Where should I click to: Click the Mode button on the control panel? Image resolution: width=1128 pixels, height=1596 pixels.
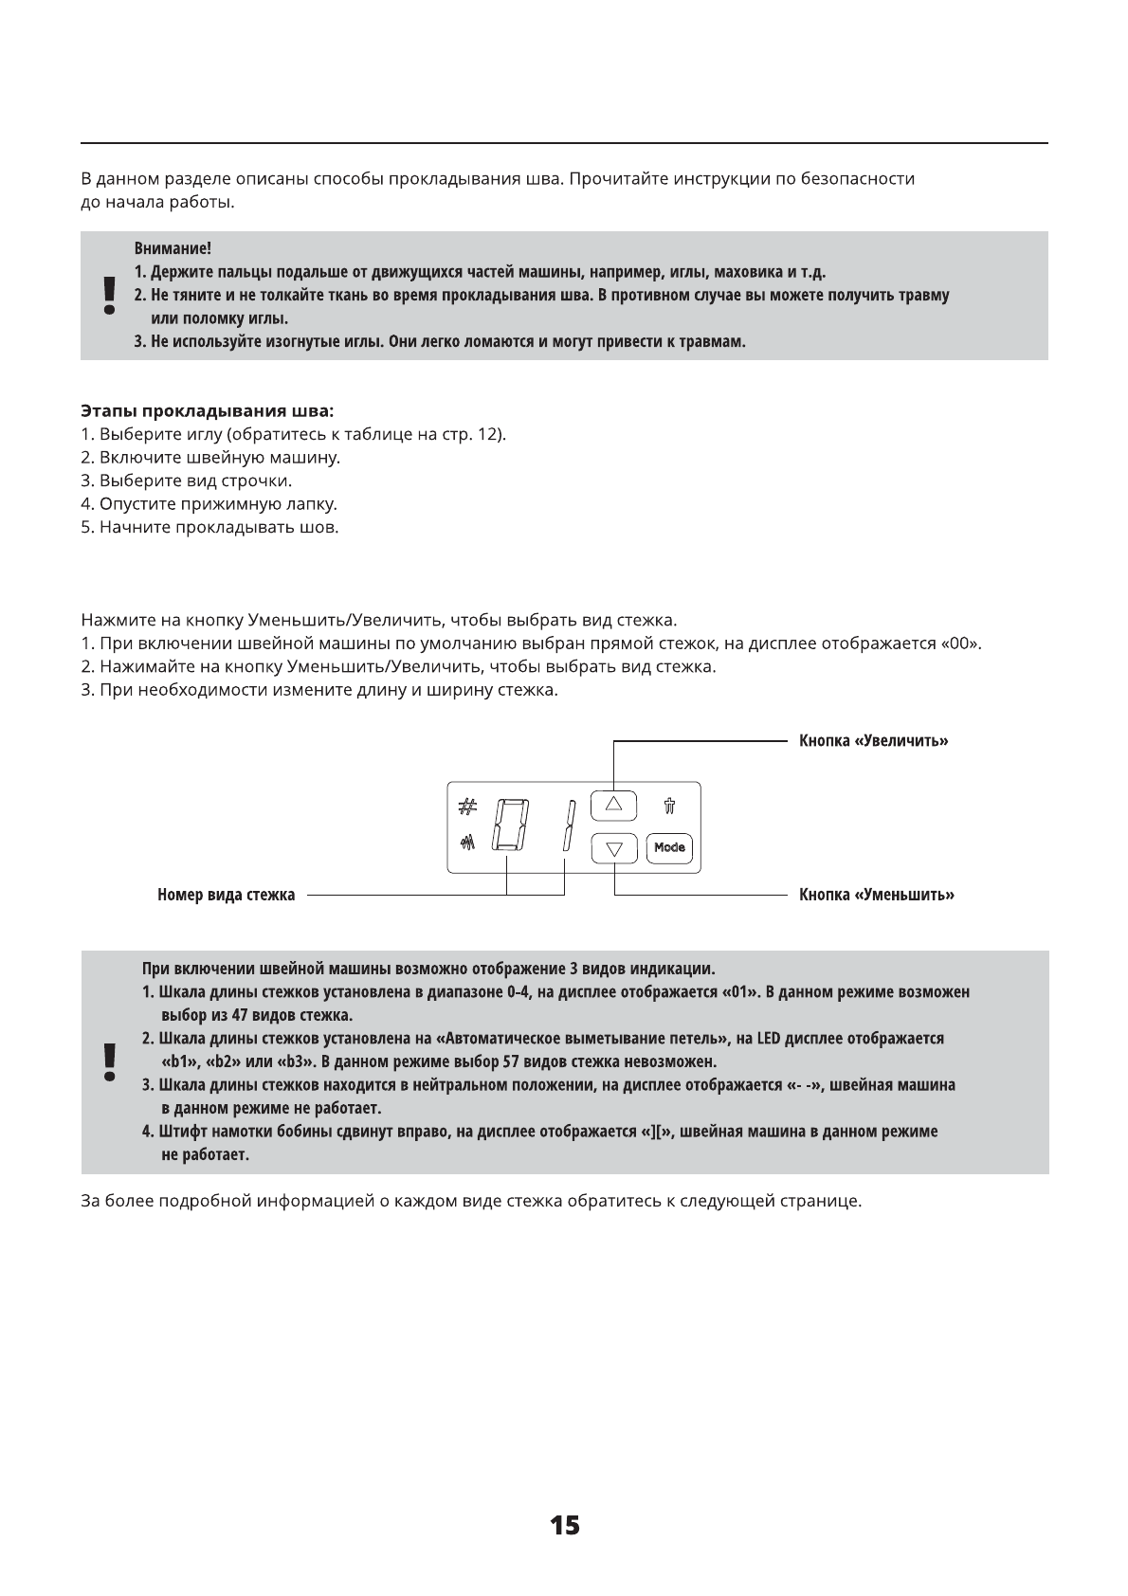(669, 847)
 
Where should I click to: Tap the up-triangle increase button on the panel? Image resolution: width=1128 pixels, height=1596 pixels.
(613, 805)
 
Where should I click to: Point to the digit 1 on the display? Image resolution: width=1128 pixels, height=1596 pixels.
(569, 825)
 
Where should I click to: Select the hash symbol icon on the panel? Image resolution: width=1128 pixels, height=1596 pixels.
(466, 807)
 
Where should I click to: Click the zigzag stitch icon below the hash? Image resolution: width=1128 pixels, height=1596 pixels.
(466, 842)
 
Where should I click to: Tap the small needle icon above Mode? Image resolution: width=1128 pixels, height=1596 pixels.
(669, 807)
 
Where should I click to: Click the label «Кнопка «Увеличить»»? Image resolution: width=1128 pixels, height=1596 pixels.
(873, 740)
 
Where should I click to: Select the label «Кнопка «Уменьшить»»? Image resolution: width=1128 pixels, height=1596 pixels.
(876, 895)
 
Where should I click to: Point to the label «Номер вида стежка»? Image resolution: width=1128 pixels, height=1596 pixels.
(226, 895)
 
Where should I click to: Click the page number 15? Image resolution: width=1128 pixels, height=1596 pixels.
(564, 1525)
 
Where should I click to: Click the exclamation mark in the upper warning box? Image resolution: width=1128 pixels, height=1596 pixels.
(110, 296)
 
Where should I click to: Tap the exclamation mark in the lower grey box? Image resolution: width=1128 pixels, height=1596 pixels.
(110, 1062)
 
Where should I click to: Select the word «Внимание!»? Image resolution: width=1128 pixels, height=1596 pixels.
(173, 249)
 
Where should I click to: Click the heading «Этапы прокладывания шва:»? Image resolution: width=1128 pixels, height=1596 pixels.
(207, 412)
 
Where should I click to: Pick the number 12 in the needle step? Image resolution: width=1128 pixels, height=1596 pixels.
(486, 435)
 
